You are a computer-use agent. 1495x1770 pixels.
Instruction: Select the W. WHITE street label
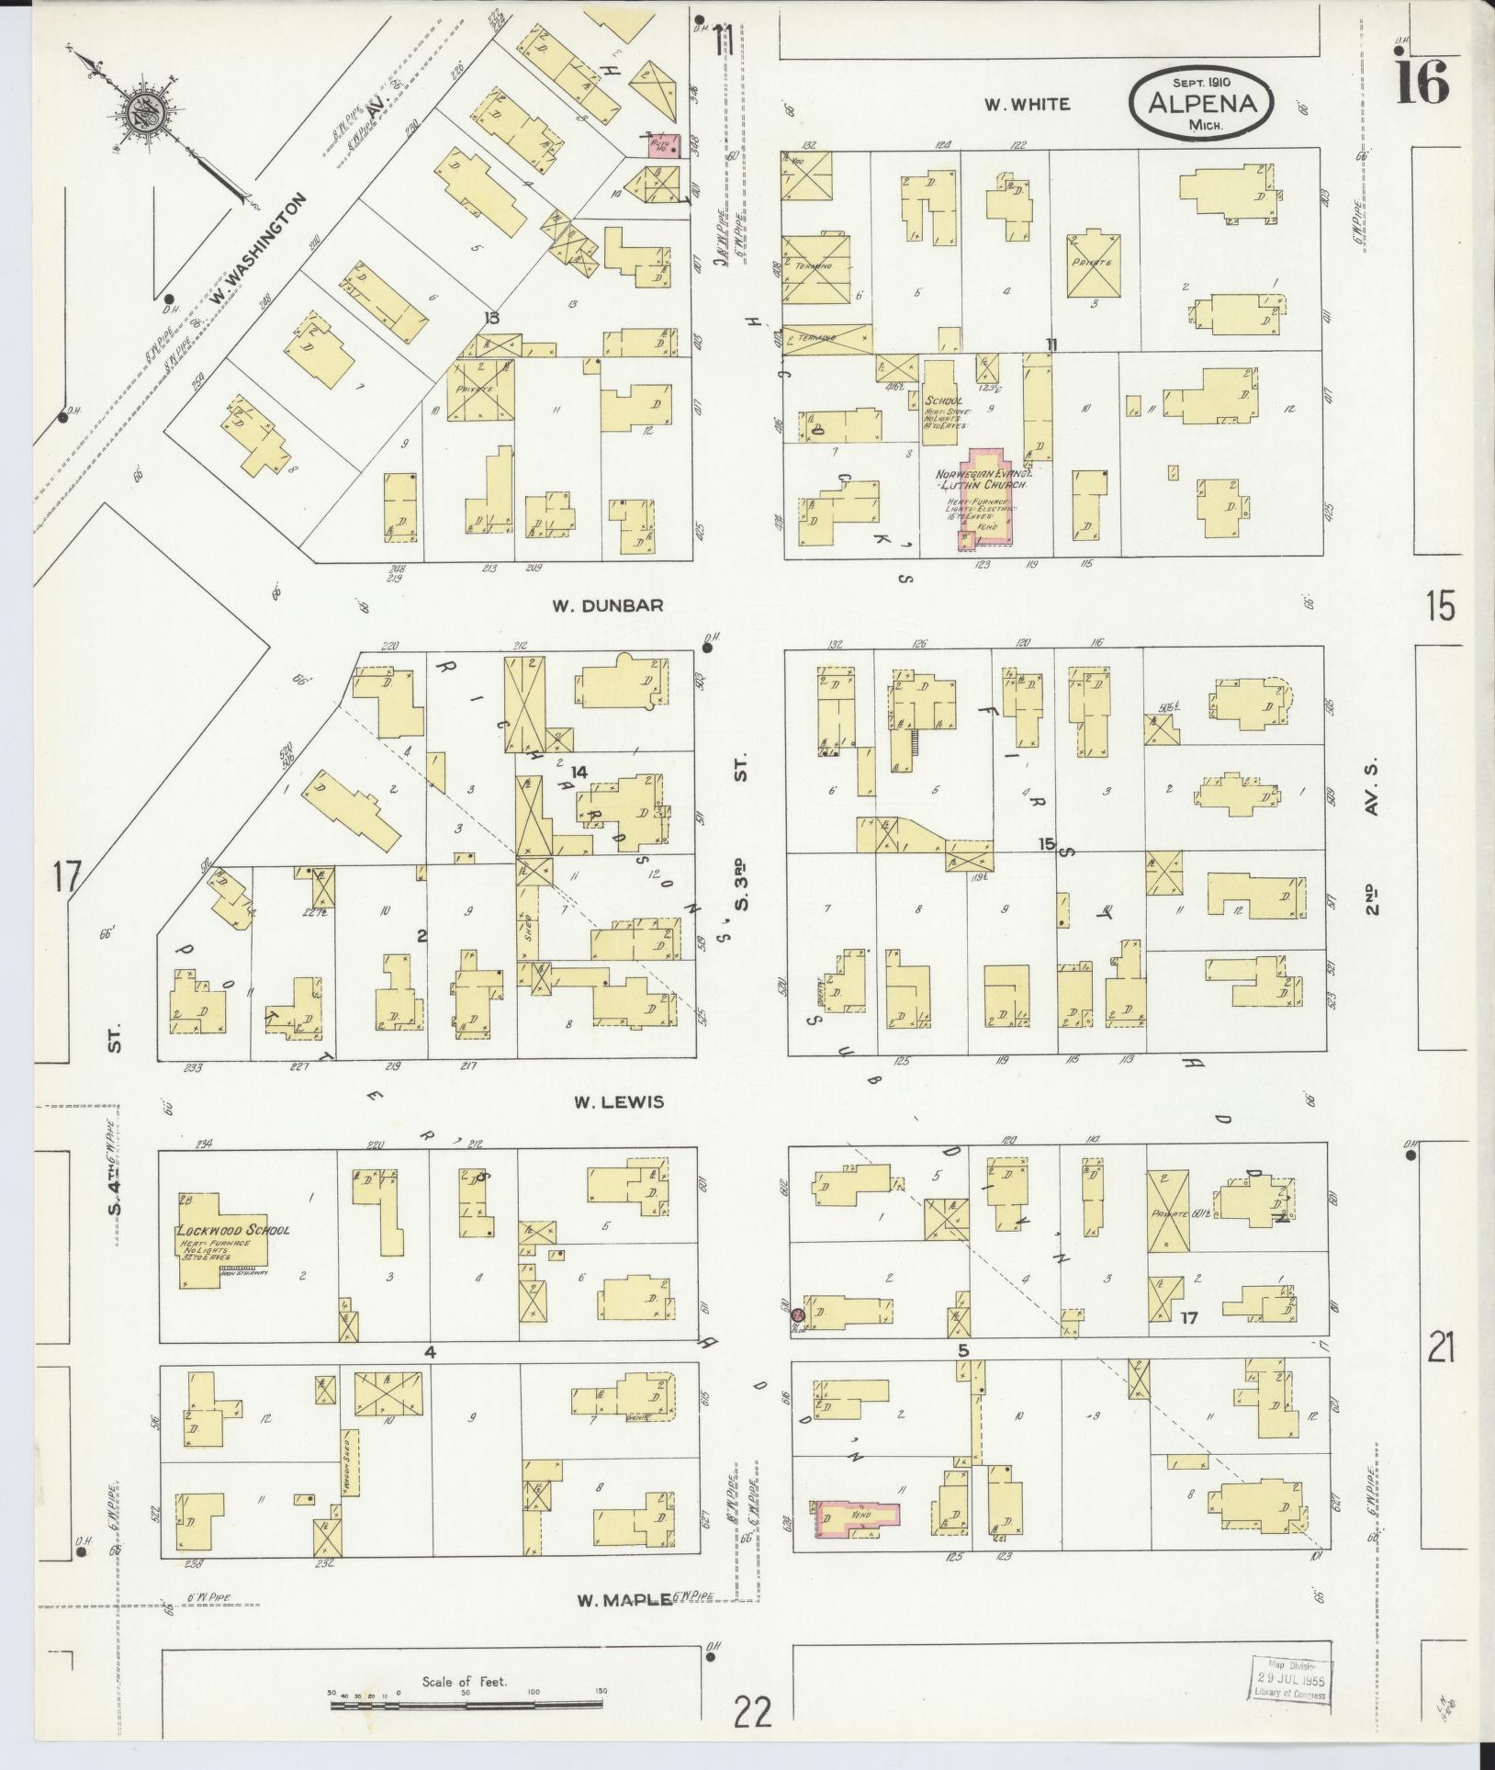point(1027,105)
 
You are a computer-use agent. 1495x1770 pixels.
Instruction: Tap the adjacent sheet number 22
point(752,1712)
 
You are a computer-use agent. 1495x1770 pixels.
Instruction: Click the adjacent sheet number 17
point(66,876)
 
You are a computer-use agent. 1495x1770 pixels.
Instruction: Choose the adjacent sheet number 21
point(1441,1349)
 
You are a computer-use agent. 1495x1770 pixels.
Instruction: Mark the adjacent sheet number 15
point(1441,606)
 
